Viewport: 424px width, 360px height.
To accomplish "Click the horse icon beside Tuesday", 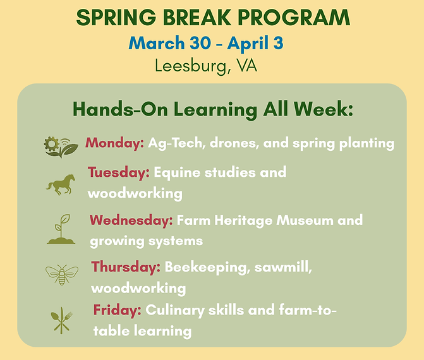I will (61, 184).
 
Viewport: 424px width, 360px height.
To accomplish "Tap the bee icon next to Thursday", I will (62, 275).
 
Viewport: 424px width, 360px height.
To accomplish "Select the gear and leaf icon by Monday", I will (61, 146).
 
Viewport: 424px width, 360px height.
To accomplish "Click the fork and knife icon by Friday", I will (62, 320).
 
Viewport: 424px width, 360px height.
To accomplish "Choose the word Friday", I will (118, 310).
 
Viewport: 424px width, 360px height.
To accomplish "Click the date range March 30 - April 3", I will (205, 44).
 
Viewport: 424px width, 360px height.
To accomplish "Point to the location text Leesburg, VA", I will (205, 65).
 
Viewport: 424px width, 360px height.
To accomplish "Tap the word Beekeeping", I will (204, 267).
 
